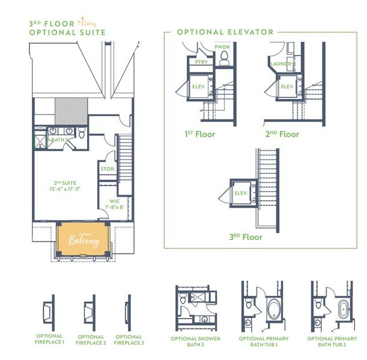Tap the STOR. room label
(x=108, y=169)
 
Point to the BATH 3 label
(x=58, y=140)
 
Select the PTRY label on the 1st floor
(x=200, y=61)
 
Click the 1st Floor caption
(x=200, y=134)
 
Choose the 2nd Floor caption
(x=282, y=134)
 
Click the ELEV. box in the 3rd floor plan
(x=241, y=193)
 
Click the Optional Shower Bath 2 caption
(x=195, y=341)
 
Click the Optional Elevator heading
(x=225, y=32)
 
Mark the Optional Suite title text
(x=67, y=32)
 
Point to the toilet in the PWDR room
(x=225, y=58)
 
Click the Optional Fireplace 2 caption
(x=89, y=340)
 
